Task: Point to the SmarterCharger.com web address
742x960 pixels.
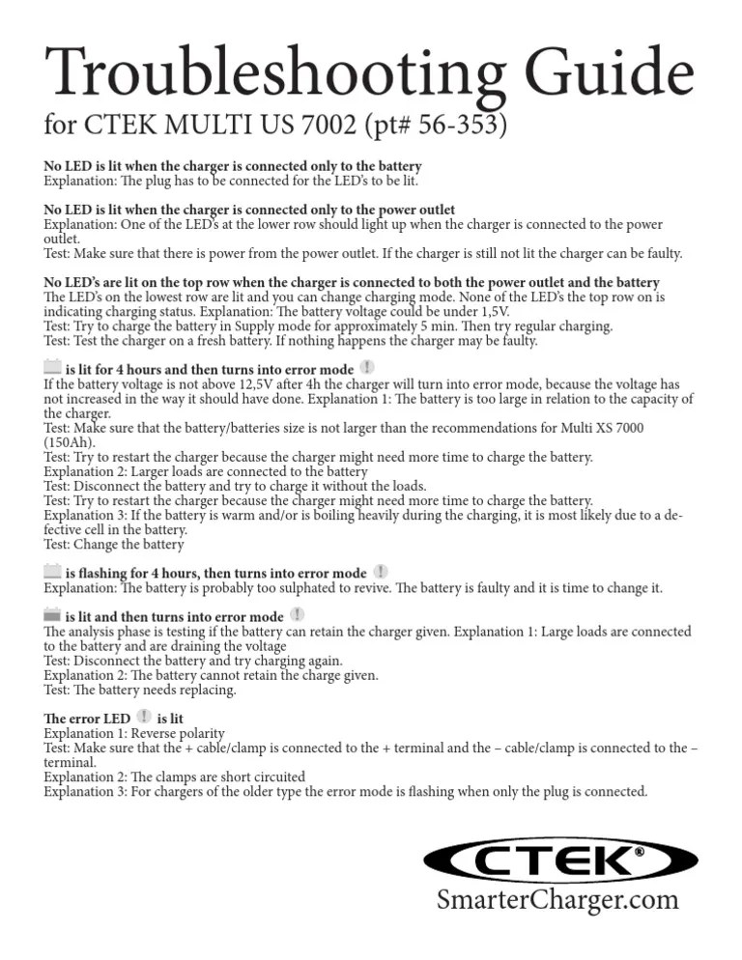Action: [557, 900]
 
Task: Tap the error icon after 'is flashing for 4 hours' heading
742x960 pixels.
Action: [382, 572]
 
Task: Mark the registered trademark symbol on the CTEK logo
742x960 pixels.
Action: [639, 853]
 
